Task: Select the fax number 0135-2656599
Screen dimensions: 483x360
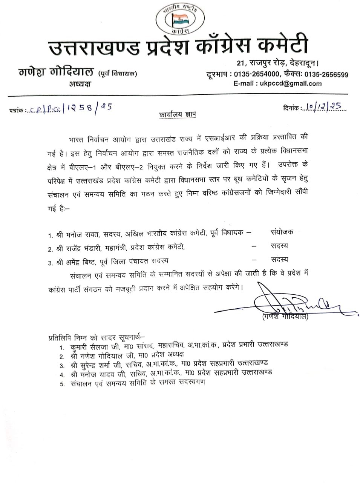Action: coord(326,74)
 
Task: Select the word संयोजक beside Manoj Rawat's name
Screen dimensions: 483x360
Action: coord(282,232)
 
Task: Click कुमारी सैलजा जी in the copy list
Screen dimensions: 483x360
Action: coord(92,346)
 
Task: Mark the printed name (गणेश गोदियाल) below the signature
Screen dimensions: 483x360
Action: coord(285,317)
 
